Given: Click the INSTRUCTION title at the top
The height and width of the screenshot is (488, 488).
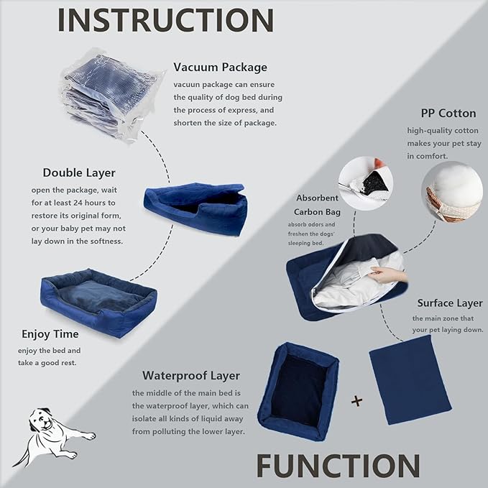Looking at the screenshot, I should (x=165, y=21).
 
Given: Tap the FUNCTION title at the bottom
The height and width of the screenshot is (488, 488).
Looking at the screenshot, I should (x=338, y=466).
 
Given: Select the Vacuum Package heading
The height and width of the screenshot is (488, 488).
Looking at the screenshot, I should (x=220, y=68).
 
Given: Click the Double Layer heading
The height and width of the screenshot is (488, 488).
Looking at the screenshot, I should (x=80, y=172).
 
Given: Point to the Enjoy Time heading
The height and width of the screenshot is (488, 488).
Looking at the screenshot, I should (x=50, y=334).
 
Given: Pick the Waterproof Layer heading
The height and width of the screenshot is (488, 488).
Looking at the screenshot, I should (x=191, y=375).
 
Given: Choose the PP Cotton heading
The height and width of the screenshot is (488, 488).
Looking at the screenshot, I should (x=448, y=114).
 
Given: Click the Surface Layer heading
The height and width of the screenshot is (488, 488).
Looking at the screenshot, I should (x=450, y=303).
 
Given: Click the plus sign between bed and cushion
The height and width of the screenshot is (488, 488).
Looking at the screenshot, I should (x=356, y=401).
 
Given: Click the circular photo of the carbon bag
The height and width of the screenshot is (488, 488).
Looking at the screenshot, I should (x=366, y=184).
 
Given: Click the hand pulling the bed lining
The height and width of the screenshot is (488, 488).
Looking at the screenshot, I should (x=389, y=275).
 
